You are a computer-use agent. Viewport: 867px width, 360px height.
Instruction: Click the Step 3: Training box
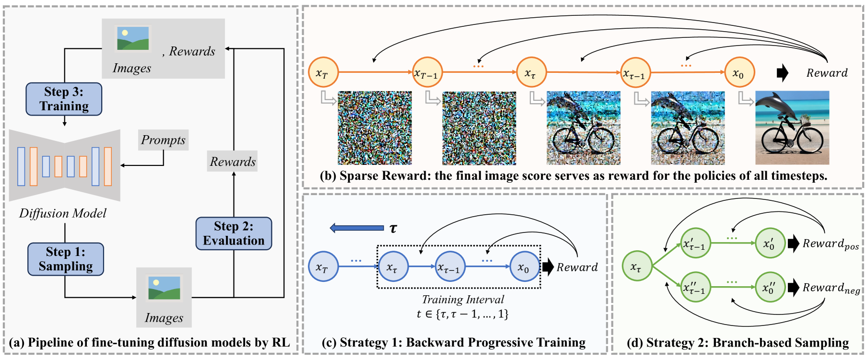coord(64,99)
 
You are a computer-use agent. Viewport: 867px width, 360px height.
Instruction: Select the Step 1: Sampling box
coord(66,259)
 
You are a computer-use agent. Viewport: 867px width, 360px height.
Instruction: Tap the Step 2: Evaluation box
coord(234,233)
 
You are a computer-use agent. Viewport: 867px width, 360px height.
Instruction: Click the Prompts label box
coord(163,140)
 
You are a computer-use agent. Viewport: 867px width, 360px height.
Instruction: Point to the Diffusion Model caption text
coord(63,213)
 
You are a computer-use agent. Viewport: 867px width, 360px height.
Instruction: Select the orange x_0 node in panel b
coord(739,72)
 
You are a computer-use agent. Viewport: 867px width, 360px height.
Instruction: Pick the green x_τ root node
coord(637,266)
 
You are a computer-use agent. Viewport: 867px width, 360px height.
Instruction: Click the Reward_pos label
coord(831,244)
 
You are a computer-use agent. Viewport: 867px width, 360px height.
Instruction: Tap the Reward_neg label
coord(831,288)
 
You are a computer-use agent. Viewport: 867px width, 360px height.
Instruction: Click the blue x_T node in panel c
coord(323,267)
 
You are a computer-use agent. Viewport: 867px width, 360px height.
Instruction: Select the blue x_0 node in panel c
coord(524,267)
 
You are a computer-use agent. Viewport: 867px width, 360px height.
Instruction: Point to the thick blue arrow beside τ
coord(357,228)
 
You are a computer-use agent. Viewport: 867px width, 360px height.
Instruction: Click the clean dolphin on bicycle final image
coord(792,128)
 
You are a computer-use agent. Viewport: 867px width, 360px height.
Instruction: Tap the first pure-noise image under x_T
coord(375,128)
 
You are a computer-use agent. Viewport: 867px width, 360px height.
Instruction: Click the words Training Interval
coord(463,300)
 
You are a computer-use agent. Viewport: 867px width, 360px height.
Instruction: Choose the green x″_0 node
coord(770,287)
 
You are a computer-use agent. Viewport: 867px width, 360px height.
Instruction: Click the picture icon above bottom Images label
coord(164,287)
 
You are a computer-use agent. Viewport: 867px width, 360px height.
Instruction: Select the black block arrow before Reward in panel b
coord(782,73)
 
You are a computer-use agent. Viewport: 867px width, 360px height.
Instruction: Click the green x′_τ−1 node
coord(695,244)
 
